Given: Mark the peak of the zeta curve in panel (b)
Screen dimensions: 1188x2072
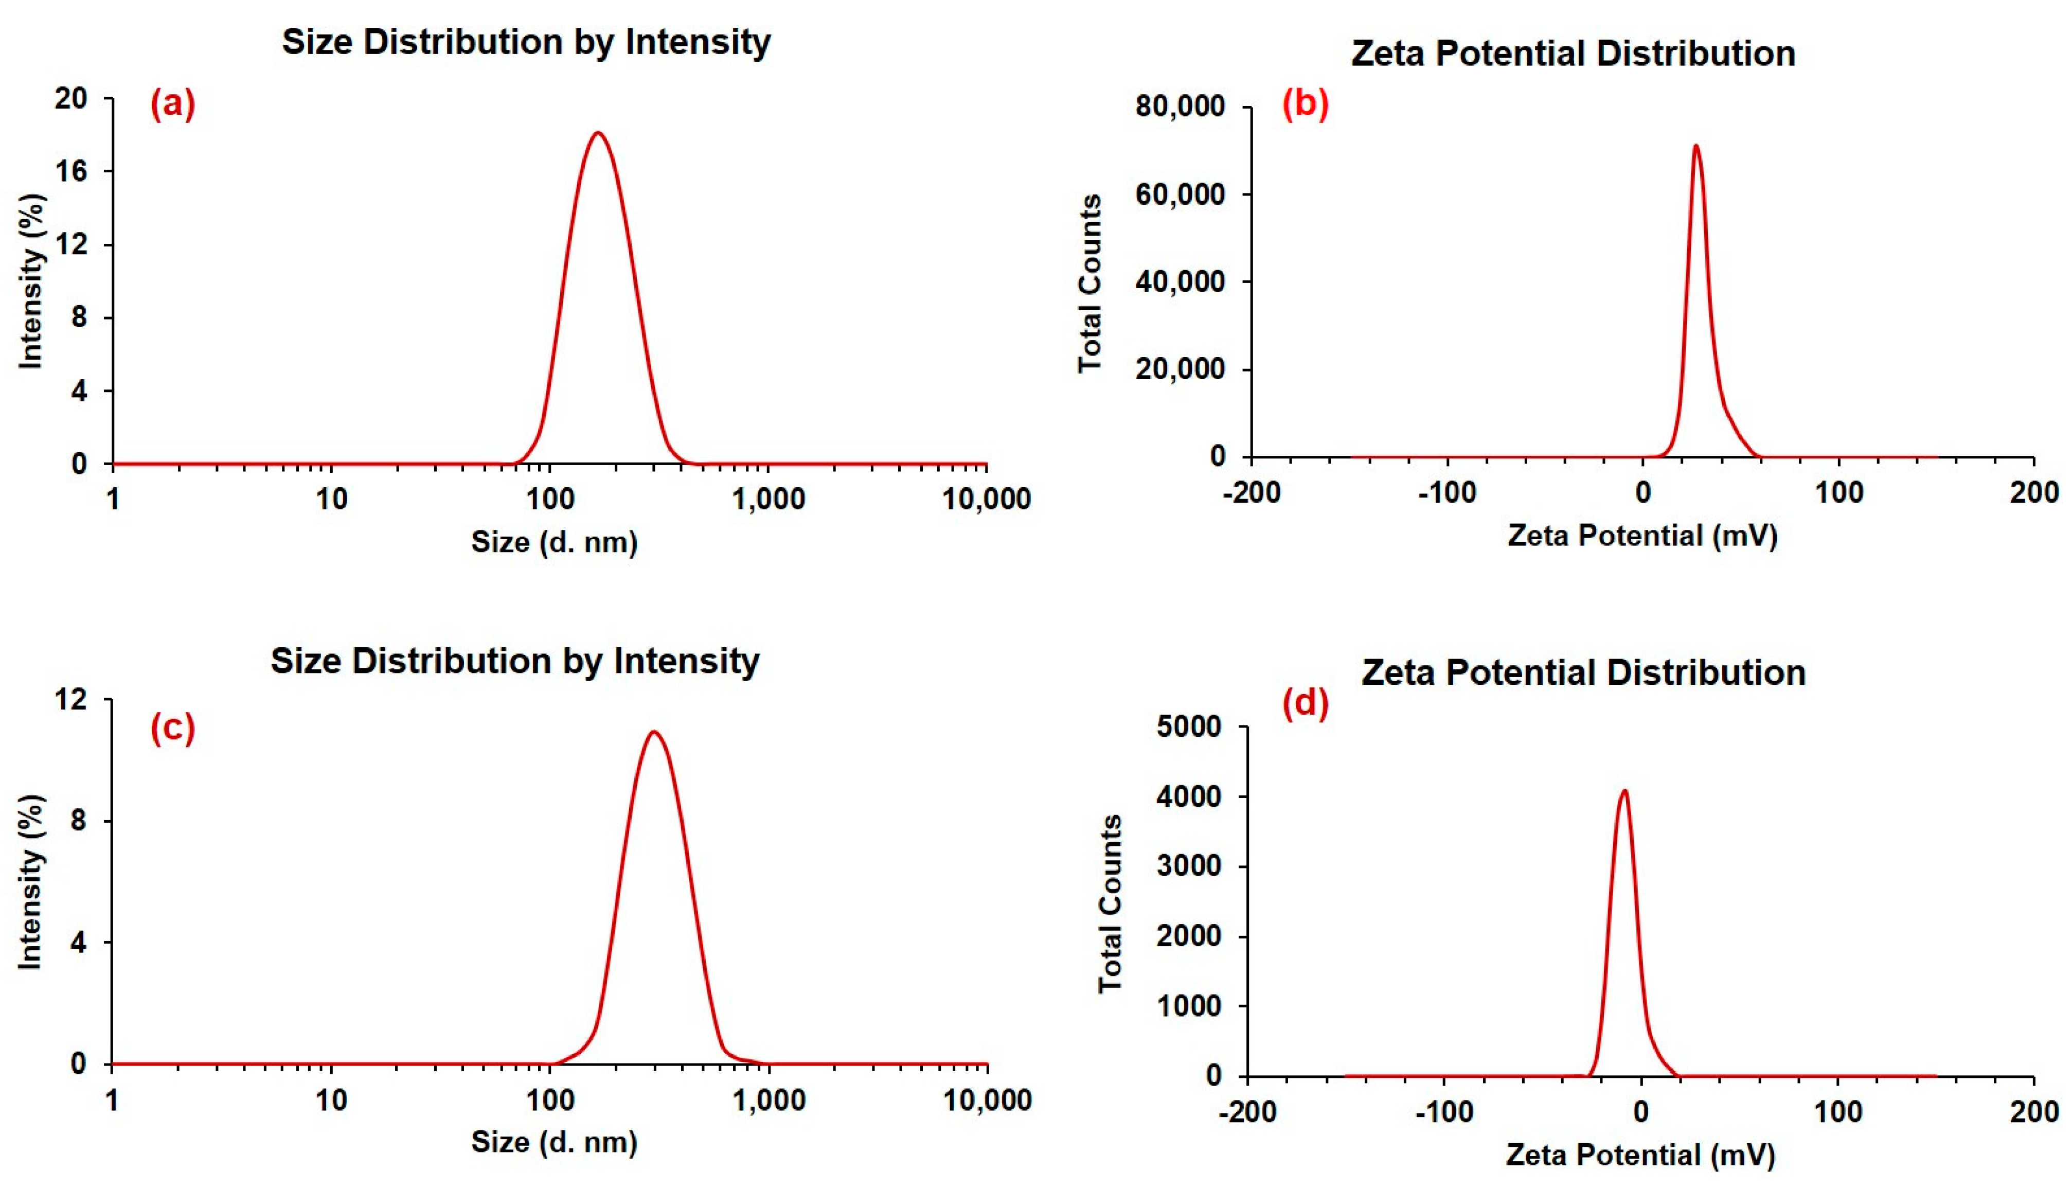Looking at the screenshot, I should (1696, 147).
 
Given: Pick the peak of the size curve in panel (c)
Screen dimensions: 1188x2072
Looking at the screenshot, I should (654, 732).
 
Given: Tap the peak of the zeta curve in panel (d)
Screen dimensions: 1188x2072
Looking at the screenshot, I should (1624, 791).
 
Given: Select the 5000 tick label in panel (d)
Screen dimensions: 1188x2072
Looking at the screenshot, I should (1189, 726).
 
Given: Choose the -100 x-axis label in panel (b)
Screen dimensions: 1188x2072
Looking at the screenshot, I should (1447, 493).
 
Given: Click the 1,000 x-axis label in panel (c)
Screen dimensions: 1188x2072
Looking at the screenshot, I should (769, 1101).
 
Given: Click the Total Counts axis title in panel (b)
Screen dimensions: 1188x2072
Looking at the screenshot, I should (1090, 283).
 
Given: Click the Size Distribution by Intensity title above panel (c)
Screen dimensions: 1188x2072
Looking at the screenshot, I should (515, 661).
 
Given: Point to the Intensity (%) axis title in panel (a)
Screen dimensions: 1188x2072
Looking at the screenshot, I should (31, 281).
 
